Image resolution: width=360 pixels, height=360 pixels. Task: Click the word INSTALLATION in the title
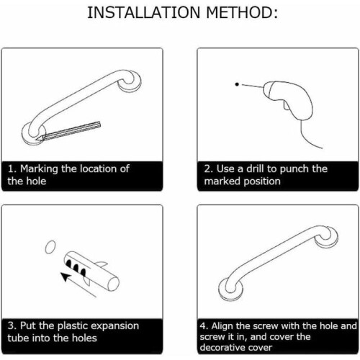pyautogui.click(x=143, y=12)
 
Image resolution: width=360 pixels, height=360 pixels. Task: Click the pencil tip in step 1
pyautogui.click(x=37, y=139)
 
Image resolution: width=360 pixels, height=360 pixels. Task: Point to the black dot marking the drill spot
pyautogui.click(x=237, y=84)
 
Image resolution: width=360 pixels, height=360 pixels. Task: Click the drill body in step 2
pyautogui.click(x=288, y=99)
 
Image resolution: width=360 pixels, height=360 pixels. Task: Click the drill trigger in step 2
pyautogui.click(x=287, y=106)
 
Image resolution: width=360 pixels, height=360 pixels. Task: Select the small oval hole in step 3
pyautogui.click(x=50, y=247)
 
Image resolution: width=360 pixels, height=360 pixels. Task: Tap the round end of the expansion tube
pyautogui.click(x=113, y=284)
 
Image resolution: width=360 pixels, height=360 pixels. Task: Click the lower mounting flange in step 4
pyautogui.click(x=231, y=289)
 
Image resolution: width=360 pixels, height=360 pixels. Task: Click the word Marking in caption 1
pyautogui.click(x=39, y=169)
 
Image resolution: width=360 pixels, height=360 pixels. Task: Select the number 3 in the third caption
pyautogui.click(x=10, y=326)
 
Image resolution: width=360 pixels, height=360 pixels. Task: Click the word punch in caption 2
pyautogui.click(x=291, y=169)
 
